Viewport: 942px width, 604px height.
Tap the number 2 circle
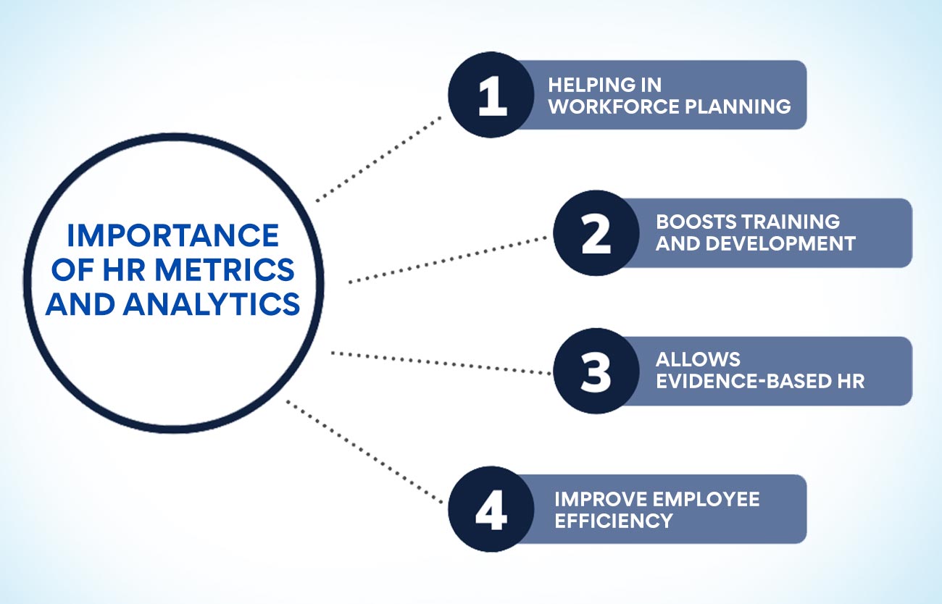(596, 234)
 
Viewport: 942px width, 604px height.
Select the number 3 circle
(596, 372)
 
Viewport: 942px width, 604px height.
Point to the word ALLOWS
(688, 359)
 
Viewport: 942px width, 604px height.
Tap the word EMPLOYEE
(714, 498)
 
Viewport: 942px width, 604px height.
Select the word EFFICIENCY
(614, 520)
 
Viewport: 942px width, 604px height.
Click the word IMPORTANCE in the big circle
(172, 236)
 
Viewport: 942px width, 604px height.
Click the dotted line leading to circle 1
(379, 157)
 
